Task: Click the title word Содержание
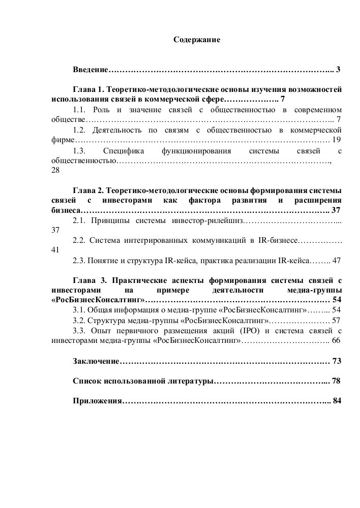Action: point(197,39)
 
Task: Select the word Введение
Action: point(91,69)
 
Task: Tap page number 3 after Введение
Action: point(338,69)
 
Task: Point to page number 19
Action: point(336,139)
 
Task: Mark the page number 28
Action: point(56,171)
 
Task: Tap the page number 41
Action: point(56,250)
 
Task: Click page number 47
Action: point(336,260)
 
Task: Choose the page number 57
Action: point(336,320)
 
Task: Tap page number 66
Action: point(336,340)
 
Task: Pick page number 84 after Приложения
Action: point(336,400)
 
